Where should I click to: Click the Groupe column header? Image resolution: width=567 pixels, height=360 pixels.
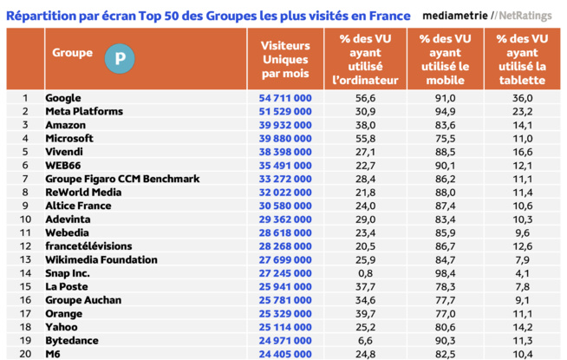click(72, 53)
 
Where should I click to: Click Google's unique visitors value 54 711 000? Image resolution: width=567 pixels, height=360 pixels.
click(285, 98)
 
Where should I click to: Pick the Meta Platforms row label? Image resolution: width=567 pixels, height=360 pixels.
click(86, 112)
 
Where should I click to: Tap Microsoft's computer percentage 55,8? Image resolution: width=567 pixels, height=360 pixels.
click(365, 139)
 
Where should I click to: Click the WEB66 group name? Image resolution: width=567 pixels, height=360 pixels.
click(63, 166)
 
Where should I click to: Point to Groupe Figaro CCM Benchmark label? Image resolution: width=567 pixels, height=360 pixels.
click(122, 179)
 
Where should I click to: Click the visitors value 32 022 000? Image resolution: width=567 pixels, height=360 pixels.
click(285, 193)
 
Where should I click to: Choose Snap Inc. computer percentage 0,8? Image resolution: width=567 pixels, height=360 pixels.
click(365, 273)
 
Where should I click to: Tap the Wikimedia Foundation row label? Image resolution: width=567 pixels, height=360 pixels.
click(101, 259)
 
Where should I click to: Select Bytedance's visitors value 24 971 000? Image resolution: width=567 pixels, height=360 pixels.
click(285, 340)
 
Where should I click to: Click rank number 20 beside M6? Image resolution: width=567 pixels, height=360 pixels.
click(25, 354)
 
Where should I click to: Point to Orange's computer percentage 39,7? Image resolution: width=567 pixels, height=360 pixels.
click(365, 313)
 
